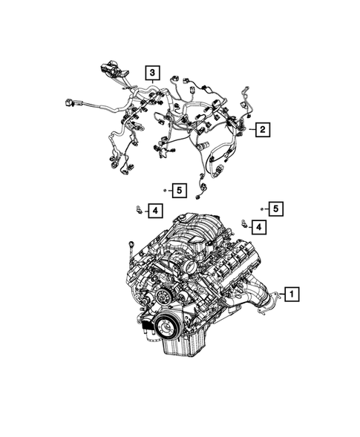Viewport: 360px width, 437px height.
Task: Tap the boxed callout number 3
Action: [151, 73]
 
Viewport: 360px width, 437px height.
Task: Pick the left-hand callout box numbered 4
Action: [154, 212]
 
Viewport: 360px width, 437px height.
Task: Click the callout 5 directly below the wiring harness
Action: [178, 191]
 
